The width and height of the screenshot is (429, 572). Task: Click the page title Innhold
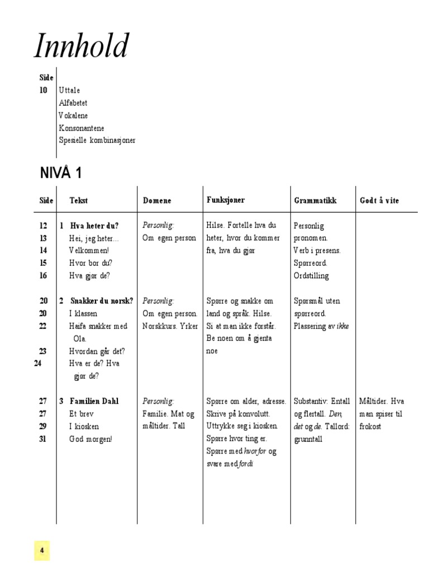(82, 47)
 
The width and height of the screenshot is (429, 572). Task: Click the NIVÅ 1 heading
(61, 173)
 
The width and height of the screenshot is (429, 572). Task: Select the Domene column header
(157, 201)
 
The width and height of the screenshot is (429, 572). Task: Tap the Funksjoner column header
(226, 200)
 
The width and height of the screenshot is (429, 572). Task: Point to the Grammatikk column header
(315, 201)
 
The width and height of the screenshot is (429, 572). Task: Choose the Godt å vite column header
(379, 201)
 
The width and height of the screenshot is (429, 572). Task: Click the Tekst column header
(79, 201)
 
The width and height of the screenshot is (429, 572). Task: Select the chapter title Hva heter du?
(94, 226)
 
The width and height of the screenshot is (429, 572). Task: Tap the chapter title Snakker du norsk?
(102, 301)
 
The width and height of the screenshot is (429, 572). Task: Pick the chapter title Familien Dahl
(94, 401)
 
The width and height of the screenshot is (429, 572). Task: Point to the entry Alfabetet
(73, 103)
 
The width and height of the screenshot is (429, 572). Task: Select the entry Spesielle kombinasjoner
(97, 140)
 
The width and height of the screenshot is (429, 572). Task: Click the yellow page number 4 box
(42, 550)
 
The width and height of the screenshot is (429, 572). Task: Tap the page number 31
(44, 439)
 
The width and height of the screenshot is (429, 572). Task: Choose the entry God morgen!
(91, 439)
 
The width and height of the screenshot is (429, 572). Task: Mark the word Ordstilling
(311, 275)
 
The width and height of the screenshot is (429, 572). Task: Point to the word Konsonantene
(82, 128)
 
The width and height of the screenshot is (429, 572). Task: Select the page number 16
(44, 275)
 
